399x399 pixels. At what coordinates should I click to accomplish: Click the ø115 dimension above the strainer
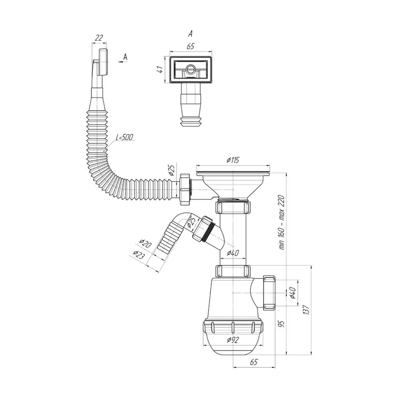click(x=233, y=160)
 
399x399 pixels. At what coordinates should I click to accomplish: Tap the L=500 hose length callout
click(x=124, y=137)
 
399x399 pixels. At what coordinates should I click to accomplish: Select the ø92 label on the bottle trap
click(x=233, y=340)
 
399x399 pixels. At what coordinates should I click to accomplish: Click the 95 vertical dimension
click(x=282, y=324)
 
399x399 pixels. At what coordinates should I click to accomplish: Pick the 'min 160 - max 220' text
click(x=282, y=222)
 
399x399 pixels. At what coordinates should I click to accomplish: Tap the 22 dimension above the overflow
click(x=99, y=38)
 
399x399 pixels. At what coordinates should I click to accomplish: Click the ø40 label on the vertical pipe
click(x=233, y=253)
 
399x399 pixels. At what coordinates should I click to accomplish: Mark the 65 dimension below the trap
click(x=254, y=362)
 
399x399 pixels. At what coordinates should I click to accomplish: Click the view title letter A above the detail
click(x=190, y=34)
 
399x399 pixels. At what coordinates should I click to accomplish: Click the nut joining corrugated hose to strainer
click(x=185, y=189)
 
